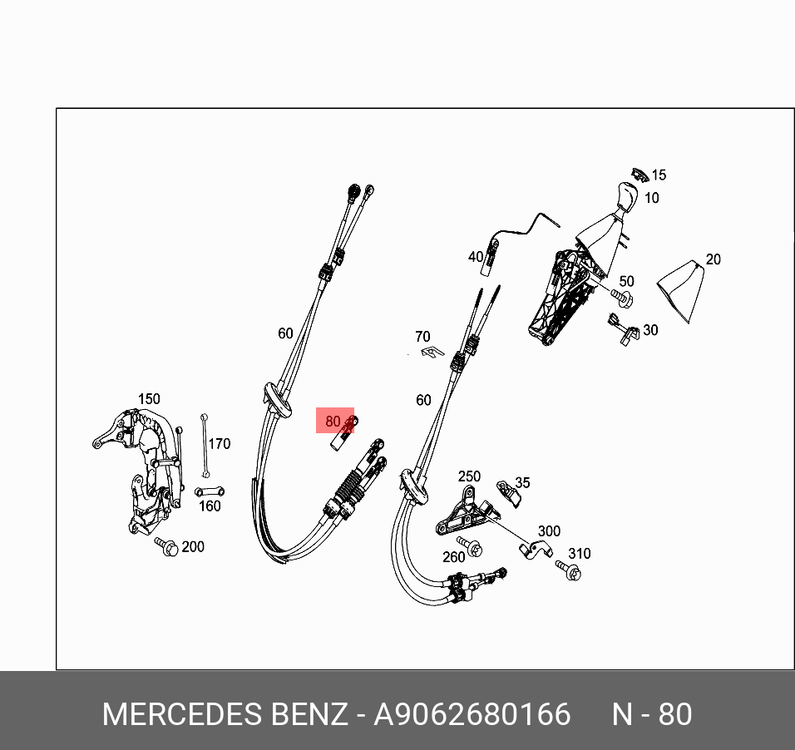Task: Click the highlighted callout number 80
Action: pyautogui.click(x=333, y=422)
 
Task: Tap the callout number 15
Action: pyautogui.click(x=659, y=175)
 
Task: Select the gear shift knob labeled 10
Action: pyautogui.click(x=623, y=196)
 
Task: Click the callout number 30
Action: pyautogui.click(x=650, y=330)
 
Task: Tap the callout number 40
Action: pyautogui.click(x=475, y=257)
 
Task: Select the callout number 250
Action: pyautogui.click(x=469, y=476)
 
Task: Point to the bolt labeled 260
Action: pyautogui.click(x=473, y=547)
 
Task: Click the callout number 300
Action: pyautogui.click(x=549, y=531)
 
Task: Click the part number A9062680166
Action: pyautogui.click(x=472, y=714)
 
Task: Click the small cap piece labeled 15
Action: pyautogui.click(x=639, y=173)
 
